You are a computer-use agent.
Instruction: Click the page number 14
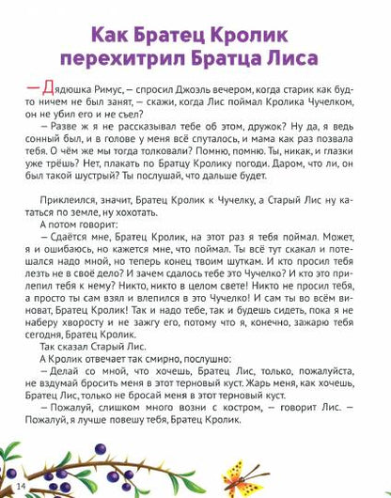click(x=20, y=486)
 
